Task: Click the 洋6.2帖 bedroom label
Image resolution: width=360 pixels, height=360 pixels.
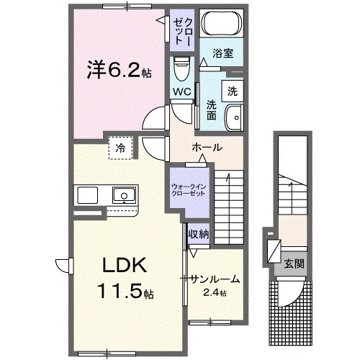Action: click(x=109, y=72)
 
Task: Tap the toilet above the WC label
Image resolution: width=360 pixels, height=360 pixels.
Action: click(x=181, y=68)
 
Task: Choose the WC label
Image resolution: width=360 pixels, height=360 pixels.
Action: click(x=181, y=91)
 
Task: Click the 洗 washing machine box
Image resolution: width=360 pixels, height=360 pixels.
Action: click(x=233, y=91)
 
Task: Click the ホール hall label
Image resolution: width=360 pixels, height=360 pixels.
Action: click(x=206, y=148)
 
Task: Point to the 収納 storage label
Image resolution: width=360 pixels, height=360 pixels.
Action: click(x=199, y=234)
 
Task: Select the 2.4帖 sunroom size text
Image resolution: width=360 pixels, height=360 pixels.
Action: click(x=215, y=292)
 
